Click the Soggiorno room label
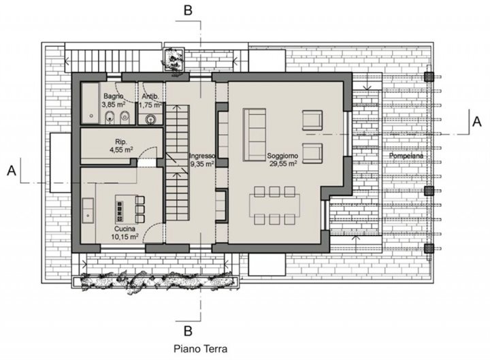[x=282, y=156]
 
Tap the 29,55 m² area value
[x=283, y=163]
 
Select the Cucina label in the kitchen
[x=125, y=229]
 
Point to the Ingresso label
[x=202, y=156]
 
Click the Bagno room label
[x=114, y=96]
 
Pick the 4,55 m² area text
[x=121, y=150]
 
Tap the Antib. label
[x=150, y=96]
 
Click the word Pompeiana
[x=406, y=156]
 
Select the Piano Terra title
[x=200, y=348]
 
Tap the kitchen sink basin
[x=88, y=210]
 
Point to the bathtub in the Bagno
[x=91, y=103]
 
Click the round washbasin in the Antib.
[x=151, y=118]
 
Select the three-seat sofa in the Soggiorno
[x=255, y=135]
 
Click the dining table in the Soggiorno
[x=274, y=206]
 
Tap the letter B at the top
[x=188, y=10]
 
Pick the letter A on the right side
[x=477, y=121]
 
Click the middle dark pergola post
[x=429, y=191]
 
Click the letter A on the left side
[x=12, y=171]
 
